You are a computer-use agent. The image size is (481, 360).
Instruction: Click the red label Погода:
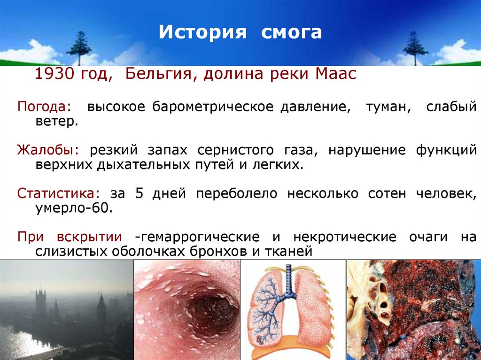45,107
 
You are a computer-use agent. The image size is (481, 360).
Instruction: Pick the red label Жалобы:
48,151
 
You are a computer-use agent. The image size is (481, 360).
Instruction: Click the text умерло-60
74,208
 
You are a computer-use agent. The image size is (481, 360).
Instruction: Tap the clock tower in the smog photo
101,312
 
